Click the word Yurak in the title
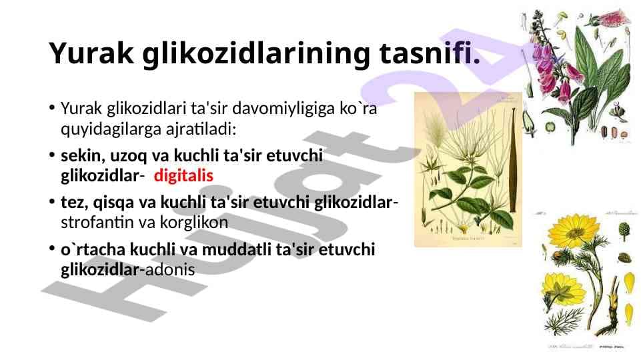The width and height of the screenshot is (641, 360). pyautogui.click(x=91, y=53)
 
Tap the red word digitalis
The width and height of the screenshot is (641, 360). pyautogui.click(x=183, y=176)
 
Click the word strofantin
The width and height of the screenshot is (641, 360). pyautogui.click(x=97, y=222)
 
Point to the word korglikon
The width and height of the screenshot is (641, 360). pyautogui.click(x=194, y=223)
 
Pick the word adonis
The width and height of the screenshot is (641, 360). pyautogui.click(x=170, y=270)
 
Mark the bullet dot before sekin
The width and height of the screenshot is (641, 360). pyautogui.click(x=51, y=155)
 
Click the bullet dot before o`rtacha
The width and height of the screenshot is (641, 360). pyautogui.click(x=51, y=249)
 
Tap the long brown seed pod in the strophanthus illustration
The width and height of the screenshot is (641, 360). pyautogui.click(x=513, y=160)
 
